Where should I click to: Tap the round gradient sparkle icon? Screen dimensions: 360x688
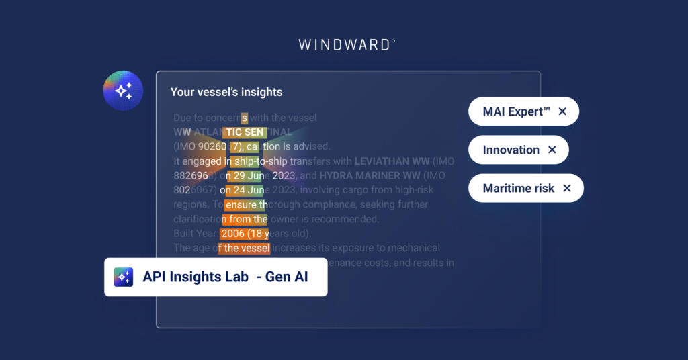click(123, 90)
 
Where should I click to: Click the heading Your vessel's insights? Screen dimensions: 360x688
click(226, 92)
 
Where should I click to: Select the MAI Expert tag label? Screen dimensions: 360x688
click(516, 111)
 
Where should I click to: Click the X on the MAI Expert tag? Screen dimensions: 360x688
click(563, 111)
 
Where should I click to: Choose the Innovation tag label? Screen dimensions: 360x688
click(511, 150)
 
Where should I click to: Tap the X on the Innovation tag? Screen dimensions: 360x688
click(552, 150)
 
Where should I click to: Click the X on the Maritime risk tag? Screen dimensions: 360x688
click(567, 189)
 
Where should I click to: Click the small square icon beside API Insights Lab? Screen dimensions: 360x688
click(124, 277)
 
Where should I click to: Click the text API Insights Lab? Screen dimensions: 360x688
click(196, 277)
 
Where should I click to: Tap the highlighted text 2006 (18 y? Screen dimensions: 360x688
click(245, 234)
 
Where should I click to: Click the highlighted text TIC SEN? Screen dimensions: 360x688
click(245, 132)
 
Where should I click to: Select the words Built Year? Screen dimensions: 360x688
click(195, 234)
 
